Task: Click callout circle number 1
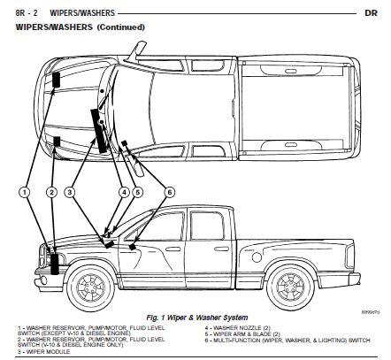click(x=27, y=192)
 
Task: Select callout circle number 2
click(x=52, y=192)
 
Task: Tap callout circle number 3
click(x=70, y=192)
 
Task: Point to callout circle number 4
click(x=125, y=192)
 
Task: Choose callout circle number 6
click(x=170, y=192)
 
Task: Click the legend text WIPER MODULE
click(x=44, y=351)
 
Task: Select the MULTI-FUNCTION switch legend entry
click(x=283, y=341)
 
